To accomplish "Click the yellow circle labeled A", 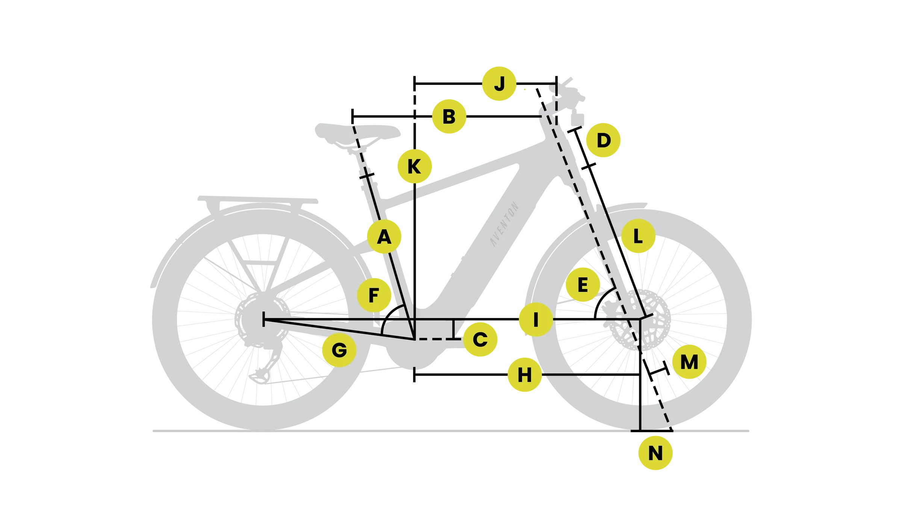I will [384, 237].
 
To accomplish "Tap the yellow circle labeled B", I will [449, 117].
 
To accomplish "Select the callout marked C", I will [480, 340].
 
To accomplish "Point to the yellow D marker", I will [603, 141].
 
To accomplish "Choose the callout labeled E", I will [583, 285].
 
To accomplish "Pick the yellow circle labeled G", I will [339, 351].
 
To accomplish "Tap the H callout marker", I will [524, 375].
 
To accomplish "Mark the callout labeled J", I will [499, 83].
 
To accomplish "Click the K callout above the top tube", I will [414, 166].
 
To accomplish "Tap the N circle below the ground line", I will [655, 453].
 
